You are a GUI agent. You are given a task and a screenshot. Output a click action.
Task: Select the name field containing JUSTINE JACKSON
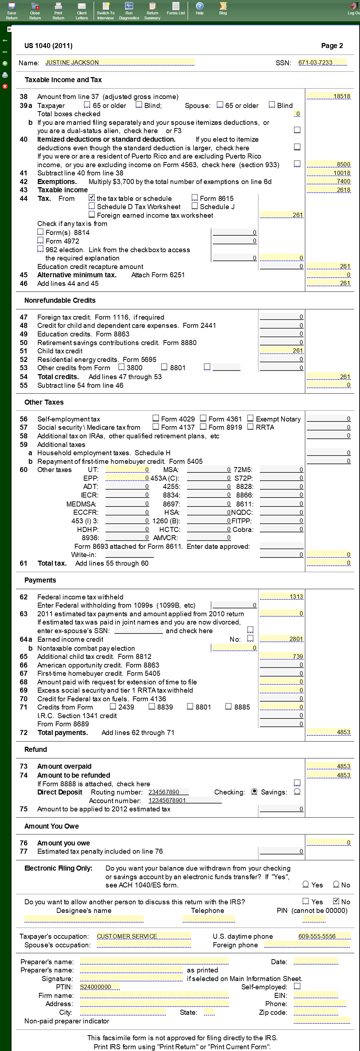pos(120,62)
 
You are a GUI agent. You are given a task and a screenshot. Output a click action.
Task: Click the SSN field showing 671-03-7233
pos(322,62)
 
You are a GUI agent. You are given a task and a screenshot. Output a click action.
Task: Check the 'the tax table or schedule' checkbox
pos(92,198)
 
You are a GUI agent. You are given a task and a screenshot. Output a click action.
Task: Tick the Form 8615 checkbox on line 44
pos(195,198)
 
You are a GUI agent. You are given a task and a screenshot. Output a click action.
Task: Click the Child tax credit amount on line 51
pos(282,350)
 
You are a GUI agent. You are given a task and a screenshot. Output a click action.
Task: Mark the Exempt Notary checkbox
pos(250,418)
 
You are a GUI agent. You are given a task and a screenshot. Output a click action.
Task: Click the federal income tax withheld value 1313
pos(282,597)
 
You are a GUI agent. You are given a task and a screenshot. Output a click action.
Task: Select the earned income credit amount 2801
pos(282,639)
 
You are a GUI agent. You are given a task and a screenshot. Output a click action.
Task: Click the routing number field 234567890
pos(168,792)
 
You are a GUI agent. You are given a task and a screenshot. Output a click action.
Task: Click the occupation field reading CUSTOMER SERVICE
pos(143,936)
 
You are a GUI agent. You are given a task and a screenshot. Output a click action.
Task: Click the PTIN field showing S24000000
pos(99,986)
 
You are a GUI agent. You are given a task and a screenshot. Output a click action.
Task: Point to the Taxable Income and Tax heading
pos(63,80)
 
